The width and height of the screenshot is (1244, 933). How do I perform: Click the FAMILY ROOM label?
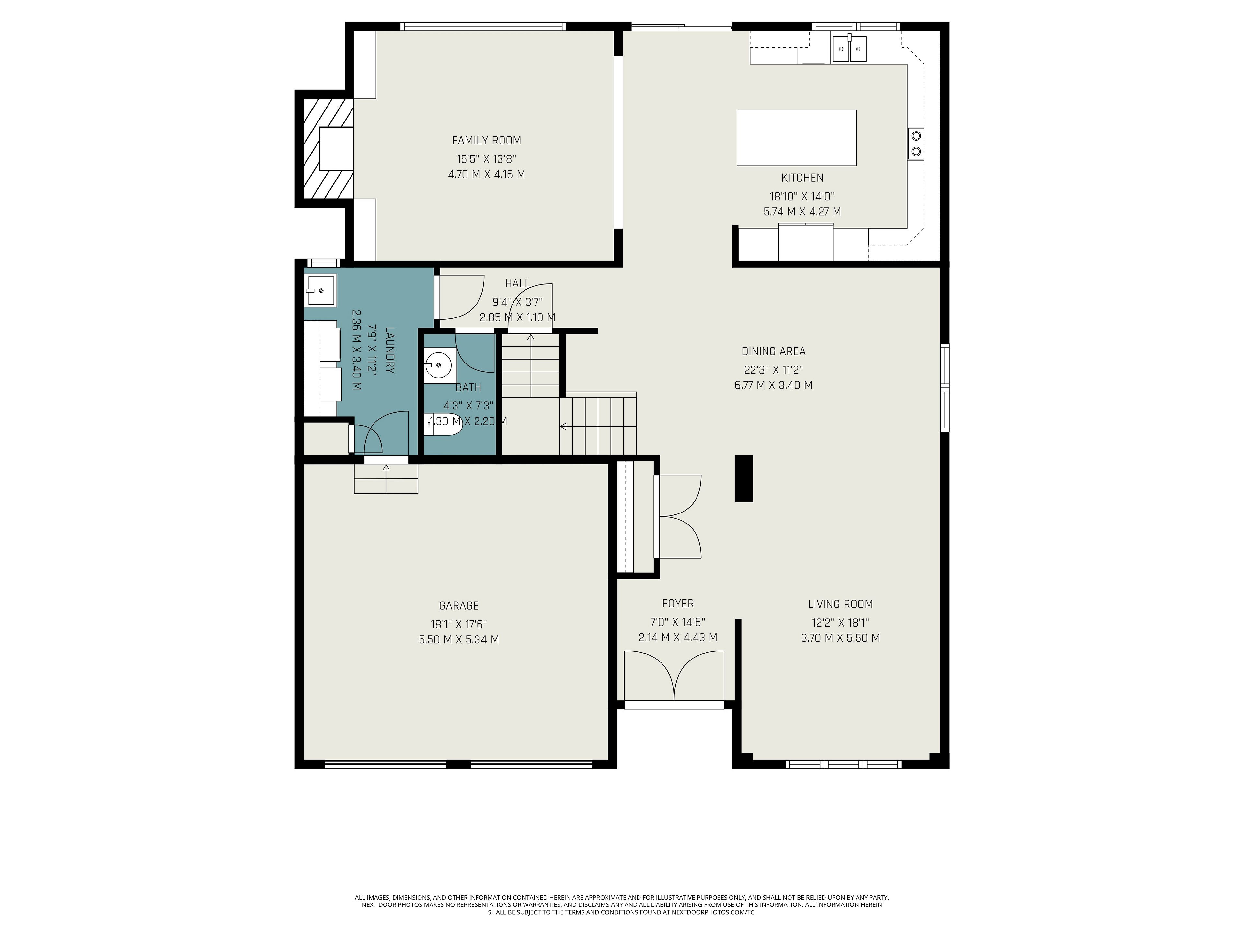pyautogui.click(x=487, y=141)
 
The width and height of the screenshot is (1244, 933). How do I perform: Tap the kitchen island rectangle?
pyautogui.click(x=796, y=138)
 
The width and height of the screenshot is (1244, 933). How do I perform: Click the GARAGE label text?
pyautogui.click(x=459, y=606)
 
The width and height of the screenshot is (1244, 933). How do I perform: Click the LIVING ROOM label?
pyautogui.click(x=840, y=604)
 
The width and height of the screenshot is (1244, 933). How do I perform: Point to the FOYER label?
pyautogui.click(x=678, y=604)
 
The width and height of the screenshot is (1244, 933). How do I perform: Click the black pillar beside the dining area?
pyautogui.click(x=744, y=478)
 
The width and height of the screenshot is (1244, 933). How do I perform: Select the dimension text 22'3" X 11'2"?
pyautogui.click(x=773, y=370)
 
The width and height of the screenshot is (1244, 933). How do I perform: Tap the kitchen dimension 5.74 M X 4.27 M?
pyautogui.click(x=802, y=212)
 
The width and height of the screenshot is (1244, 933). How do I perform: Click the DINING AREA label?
pyautogui.click(x=773, y=351)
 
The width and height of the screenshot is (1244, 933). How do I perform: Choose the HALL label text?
pyautogui.click(x=517, y=283)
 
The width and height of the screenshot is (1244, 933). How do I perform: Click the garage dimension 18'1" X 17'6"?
pyautogui.click(x=459, y=624)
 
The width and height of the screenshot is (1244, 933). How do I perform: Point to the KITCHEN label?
pyautogui.click(x=802, y=178)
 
